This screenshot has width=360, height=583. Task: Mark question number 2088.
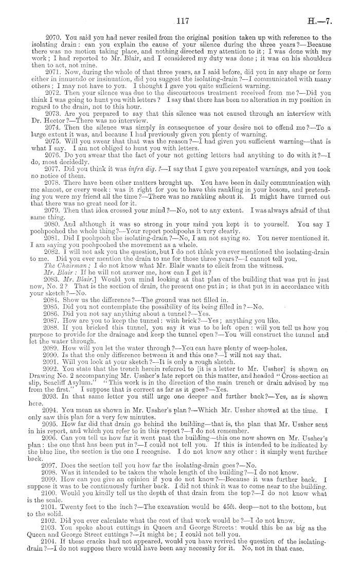point(53,326)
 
